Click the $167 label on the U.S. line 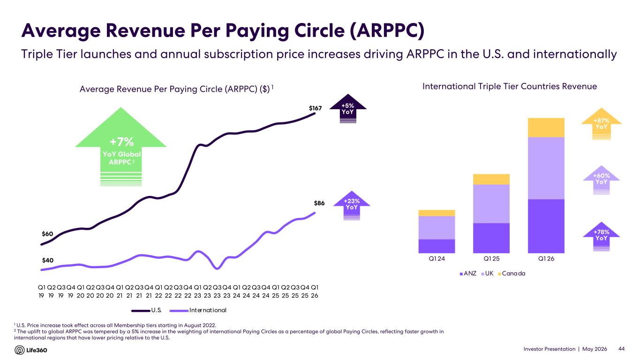316,108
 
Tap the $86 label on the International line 319,203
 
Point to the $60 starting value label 47,234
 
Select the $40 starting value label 48,260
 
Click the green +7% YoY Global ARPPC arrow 121,147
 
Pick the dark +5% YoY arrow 348,109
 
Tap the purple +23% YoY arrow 352,205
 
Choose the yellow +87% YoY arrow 602,124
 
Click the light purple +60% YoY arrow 602,180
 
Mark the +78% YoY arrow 602,236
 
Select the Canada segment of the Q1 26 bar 546,127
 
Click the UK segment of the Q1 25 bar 491,204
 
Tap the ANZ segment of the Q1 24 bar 437,246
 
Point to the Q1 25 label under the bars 491,259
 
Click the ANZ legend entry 468,273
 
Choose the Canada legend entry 512,273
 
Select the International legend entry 198,310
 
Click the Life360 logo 31,350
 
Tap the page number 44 621,349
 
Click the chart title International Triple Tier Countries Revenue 510,86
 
